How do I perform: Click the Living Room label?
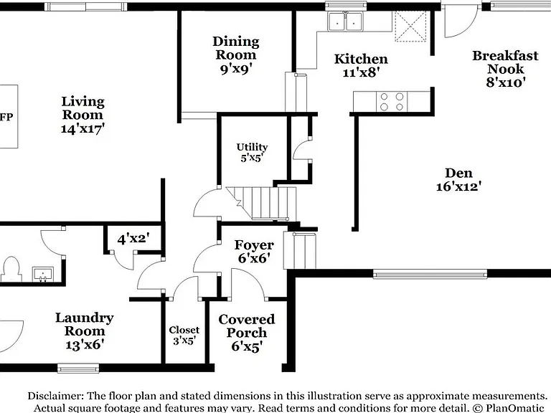[x=83, y=108]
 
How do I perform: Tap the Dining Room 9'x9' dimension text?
[x=236, y=69]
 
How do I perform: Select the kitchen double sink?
[x=345, y=21]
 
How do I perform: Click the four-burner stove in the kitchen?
[x=392, y=102]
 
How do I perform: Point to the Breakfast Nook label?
[x=505, y=62]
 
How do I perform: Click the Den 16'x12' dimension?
[x=458, y=186]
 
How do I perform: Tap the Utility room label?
[x=252, y=147]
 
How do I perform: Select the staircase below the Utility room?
[x=261, y=204]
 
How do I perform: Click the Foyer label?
[x=254, y=245]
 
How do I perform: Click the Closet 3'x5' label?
[x=184, y=336]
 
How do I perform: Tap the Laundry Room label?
[x=85, y=324]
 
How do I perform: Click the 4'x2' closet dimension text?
[x=133, y=239]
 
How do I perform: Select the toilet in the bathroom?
[x=11, y=269]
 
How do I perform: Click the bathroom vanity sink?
[x=43, y=275]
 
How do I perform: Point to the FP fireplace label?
[x=6, y=117]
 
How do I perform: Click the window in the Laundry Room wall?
[x=78, y=368]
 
